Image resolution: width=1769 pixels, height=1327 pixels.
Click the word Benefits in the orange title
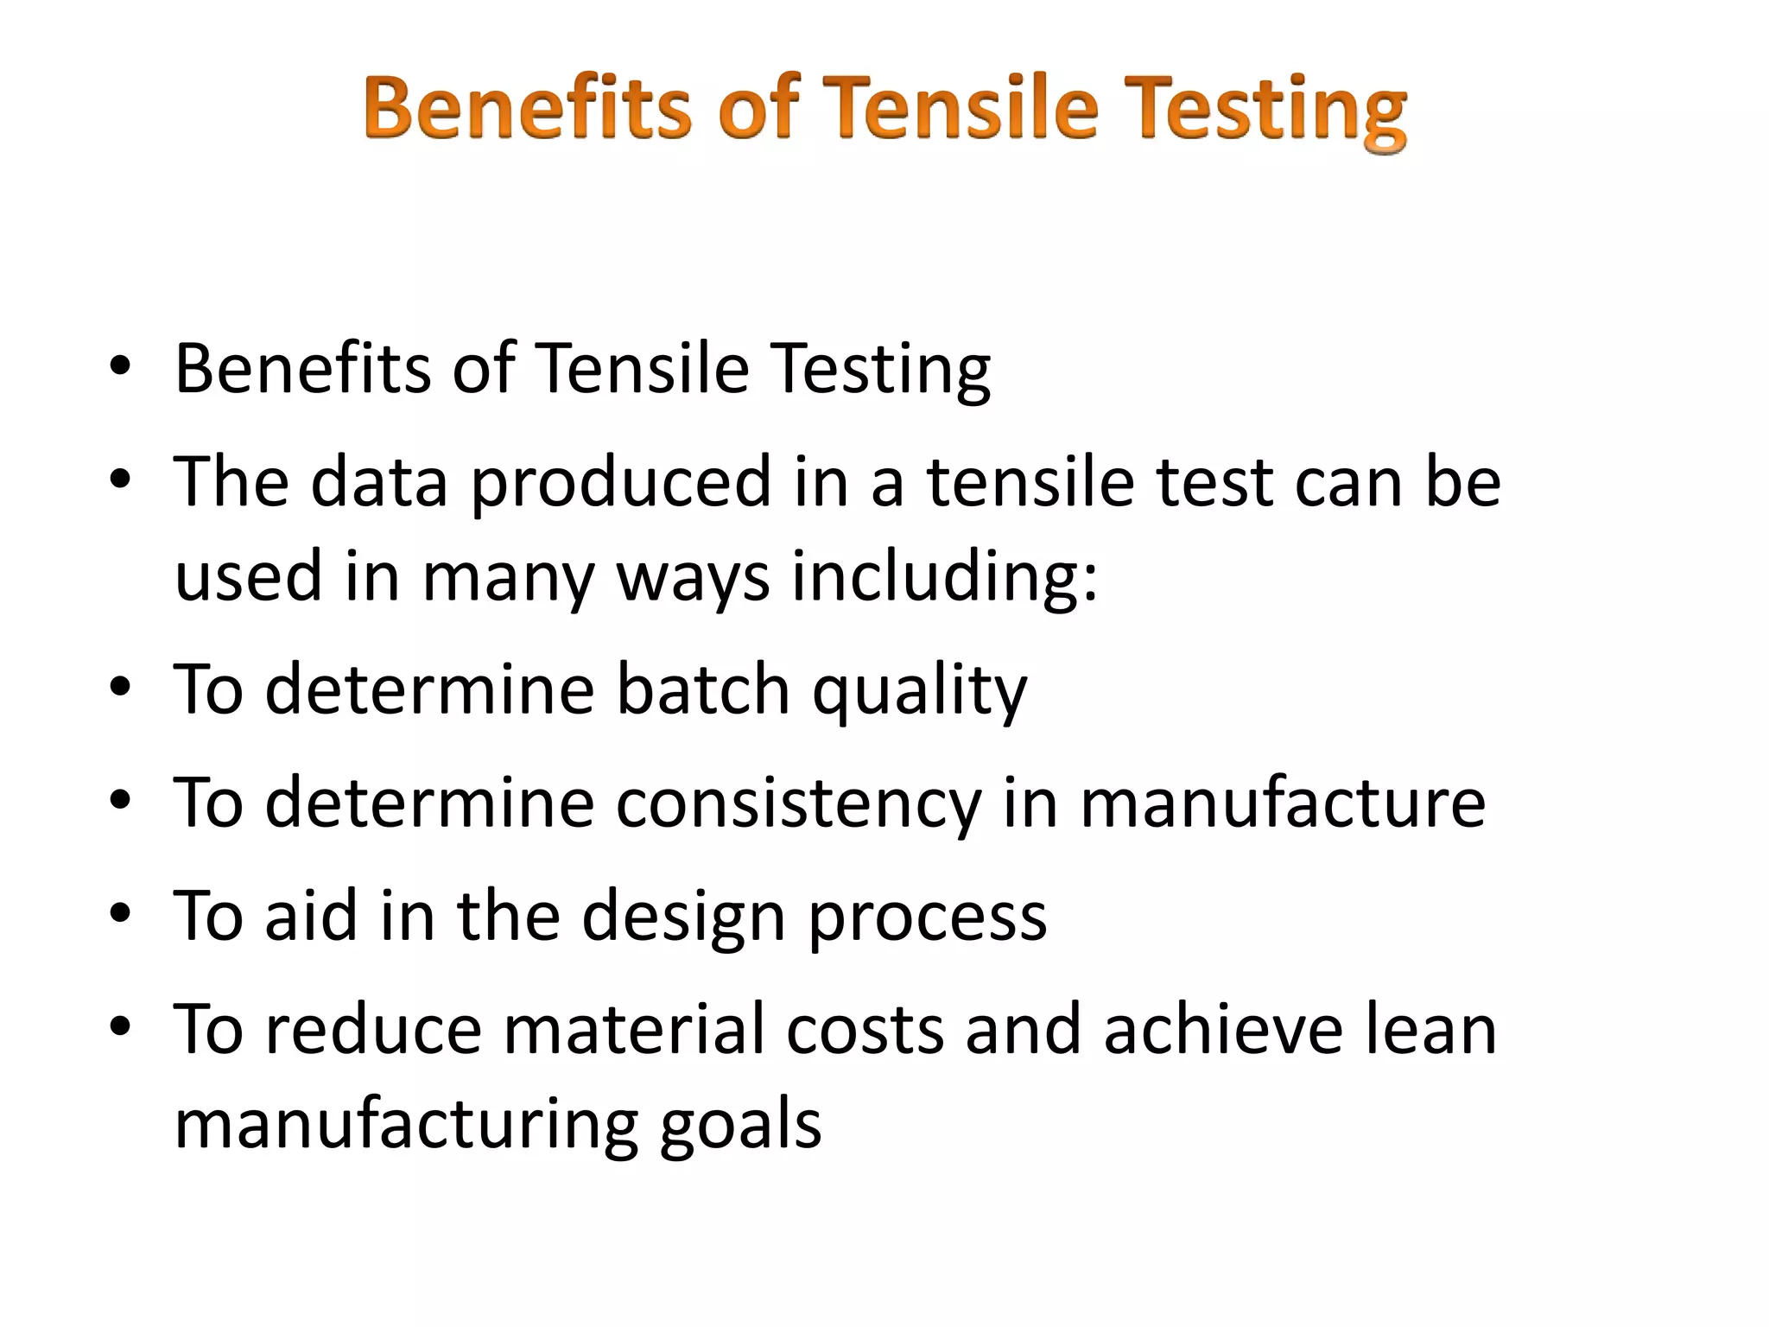[528, 109]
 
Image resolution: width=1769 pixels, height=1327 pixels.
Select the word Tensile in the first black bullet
[643, 369]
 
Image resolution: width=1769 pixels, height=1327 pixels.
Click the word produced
[620, 482]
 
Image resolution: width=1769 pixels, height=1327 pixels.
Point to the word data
[379, 482]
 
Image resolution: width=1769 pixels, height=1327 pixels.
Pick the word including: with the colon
[945, 577]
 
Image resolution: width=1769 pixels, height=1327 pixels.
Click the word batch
[703, 690]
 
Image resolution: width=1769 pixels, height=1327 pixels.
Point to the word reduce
[373, 1030]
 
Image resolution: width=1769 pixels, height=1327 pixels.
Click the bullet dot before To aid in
[120, 912]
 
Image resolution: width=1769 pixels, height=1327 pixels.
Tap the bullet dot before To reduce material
[120, 1025]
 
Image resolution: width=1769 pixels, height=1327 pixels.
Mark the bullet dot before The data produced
[120, 478]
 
